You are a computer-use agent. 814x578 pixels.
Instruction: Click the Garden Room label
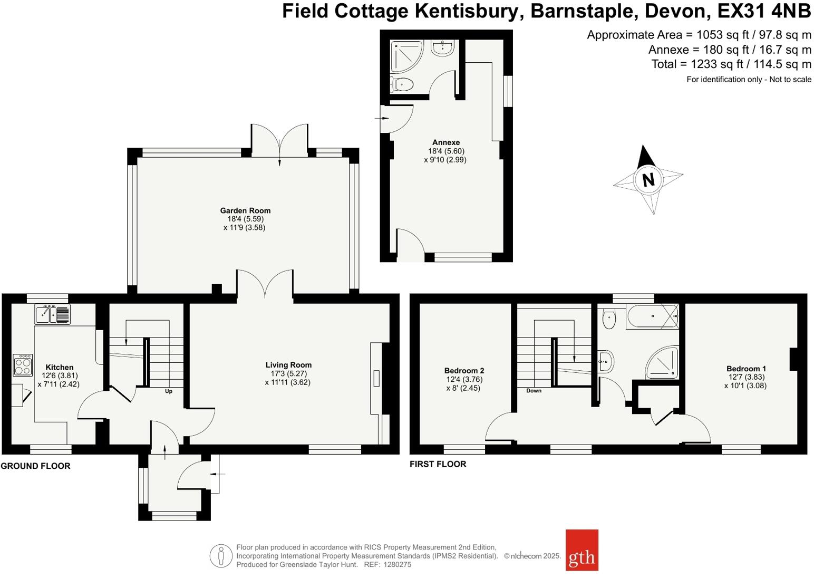(245, 210)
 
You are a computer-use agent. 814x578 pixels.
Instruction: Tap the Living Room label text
(288, 365)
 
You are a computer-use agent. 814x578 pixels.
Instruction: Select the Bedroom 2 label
(464, 371)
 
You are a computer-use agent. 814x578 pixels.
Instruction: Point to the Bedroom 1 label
(746, 369)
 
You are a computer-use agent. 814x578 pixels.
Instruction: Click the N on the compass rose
(648, 180)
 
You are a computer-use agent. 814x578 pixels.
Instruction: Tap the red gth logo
(582, 550)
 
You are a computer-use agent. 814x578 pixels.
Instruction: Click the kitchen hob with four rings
(23, 365)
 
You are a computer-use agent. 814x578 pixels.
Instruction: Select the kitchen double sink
(52, 314)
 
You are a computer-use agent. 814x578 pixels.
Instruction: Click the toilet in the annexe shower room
(402, 84)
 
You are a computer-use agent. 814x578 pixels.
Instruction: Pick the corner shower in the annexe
(403, 55)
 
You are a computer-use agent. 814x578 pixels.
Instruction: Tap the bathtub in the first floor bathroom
(652, 316)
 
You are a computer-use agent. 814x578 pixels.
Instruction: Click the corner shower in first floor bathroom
(663, 363)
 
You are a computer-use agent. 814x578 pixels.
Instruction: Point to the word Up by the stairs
(169, 391)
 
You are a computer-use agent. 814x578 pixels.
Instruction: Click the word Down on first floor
(534, 391)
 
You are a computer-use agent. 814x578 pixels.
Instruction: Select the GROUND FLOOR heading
(35, 466)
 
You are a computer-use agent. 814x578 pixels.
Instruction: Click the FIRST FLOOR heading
(438, 464)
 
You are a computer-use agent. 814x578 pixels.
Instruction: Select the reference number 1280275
(398, 564)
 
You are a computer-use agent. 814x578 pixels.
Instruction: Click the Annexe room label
(445, 142)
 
